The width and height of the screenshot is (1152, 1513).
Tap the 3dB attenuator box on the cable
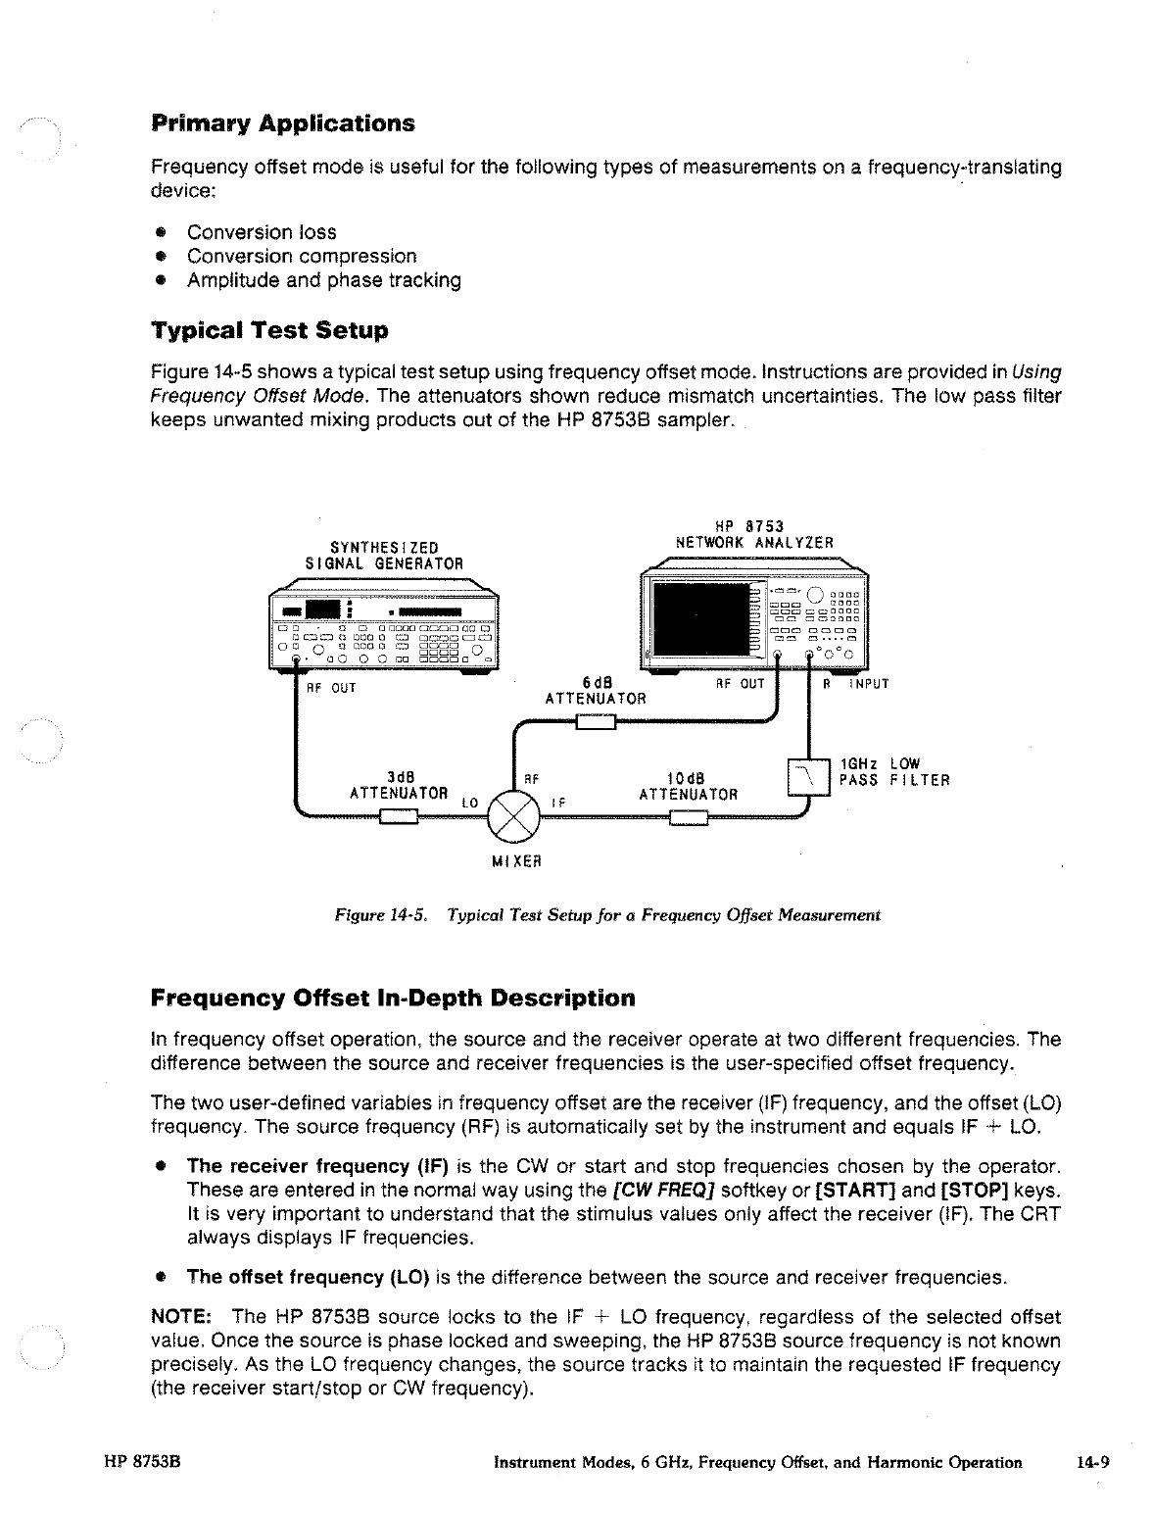click(x=400, y=820)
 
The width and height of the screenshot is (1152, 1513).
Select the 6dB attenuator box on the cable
click(x=595, y=723)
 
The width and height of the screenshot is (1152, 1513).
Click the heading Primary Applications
click(x=283, y=124)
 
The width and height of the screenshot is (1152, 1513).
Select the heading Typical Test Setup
click(x=269, y=330)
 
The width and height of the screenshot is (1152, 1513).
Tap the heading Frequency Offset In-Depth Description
click(x=393, y=999)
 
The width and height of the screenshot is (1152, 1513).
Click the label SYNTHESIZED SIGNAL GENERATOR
click(x=384, y=555)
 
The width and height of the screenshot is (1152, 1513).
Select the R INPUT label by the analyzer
click(x=855, y=685)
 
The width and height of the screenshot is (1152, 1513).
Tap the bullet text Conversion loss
click(x=262, y=232)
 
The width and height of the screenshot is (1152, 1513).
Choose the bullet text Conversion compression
click(x=302, y=257)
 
